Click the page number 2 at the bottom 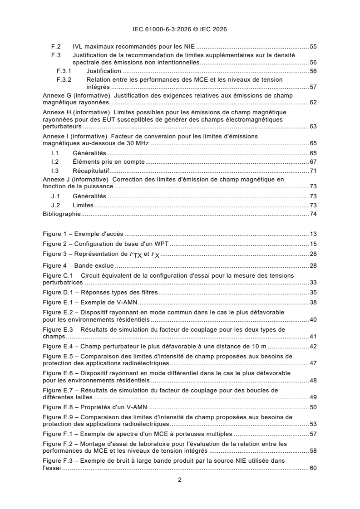pyautogui.click(x=180, y=480)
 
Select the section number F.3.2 pyautogui.click(x=64, y=80)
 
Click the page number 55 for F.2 pyautogui.click(x=313, y=47)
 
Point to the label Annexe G pyautogui.click(x=54, y=96)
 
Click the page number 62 pyautogui.click(x=313, y=103)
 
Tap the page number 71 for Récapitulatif pyautogui.click(x=313, y=171)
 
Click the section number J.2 pyautogui.click(x=55, y=206)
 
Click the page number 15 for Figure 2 pyautogui.click(x=313, y=244)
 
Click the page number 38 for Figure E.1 pyautogui.click(x=313, y=302)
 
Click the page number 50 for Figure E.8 pyautogui.click(x=313, y=407)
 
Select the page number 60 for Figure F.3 pyautogui.click(x=313, y=468)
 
